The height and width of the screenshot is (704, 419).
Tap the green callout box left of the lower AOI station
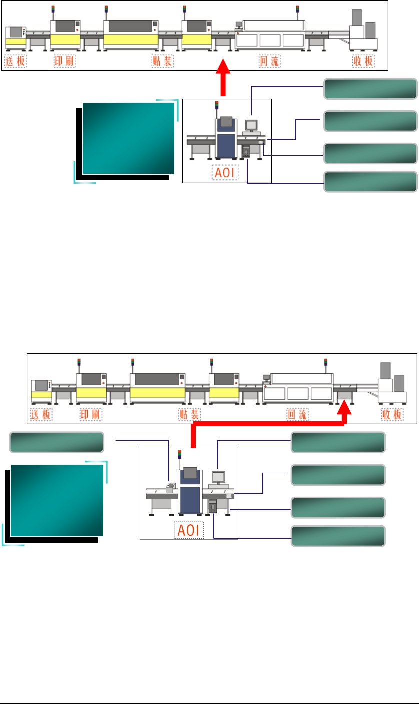pos(57,442)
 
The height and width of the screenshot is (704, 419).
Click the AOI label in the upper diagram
pos(225,173)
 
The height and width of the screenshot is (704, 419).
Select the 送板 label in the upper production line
pos(15,62)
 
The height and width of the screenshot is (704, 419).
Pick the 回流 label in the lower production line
pos(297,415)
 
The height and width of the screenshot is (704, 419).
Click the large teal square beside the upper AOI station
pos(128,138)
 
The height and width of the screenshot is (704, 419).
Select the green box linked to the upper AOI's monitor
pos(371,88)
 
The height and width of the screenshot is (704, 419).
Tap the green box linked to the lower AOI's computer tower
pos(338,536)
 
